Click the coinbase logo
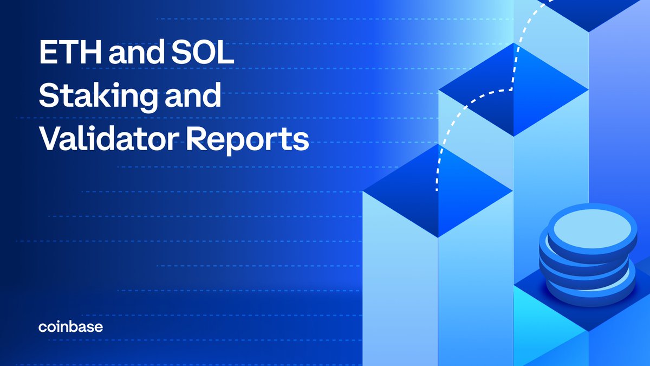[x=70, y=327]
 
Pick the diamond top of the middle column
[x=513, y=89]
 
